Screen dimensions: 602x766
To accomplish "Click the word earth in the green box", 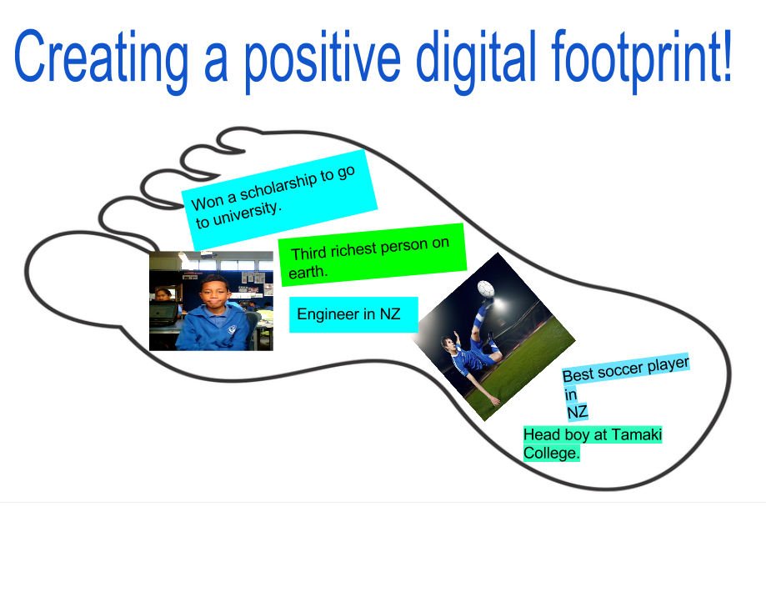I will pyautogui.click(x=308, y=272).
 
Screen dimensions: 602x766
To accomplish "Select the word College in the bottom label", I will pyautogui.click(x=549, y=454).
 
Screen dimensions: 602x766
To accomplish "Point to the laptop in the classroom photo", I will pyautogui.click(x=163, y=313).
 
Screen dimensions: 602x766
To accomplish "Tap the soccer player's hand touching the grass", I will pyautogui.click(x=497, y=401).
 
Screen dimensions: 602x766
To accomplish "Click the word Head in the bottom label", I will pyautogui.click(x=538, y=434).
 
